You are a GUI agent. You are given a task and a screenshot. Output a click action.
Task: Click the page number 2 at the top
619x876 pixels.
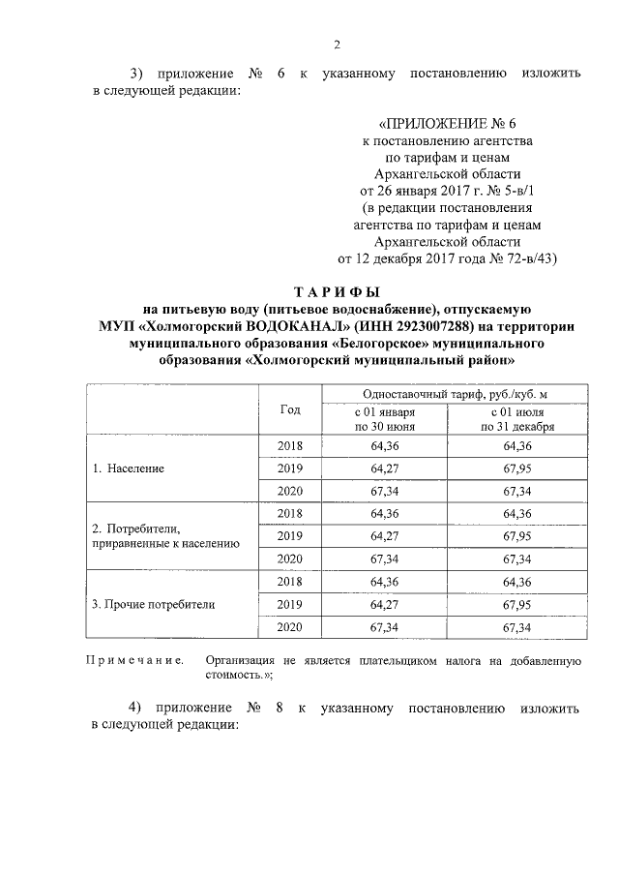[x=337, y=44]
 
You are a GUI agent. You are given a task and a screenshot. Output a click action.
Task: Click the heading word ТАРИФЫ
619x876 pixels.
[x=337, y=291]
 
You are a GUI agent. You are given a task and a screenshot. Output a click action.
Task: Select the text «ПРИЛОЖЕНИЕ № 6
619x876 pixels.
[x=445, y=124]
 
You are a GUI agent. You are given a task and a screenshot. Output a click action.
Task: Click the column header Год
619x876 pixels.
[x=290, y=410]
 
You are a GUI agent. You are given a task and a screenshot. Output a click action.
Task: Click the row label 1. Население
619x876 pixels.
[x=128, y=468]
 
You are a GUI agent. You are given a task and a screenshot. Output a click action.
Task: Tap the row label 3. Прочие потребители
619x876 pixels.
[x=153, y=605]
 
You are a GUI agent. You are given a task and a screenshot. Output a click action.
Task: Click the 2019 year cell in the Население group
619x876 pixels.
[x=290, y=468]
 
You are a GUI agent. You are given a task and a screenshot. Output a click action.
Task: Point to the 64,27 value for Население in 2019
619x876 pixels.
[x=386, y=468]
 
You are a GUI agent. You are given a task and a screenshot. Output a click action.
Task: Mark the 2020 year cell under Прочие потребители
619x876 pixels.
[x=290, y=628]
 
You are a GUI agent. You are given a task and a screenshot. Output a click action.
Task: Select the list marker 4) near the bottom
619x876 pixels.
[x=136, y=708]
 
